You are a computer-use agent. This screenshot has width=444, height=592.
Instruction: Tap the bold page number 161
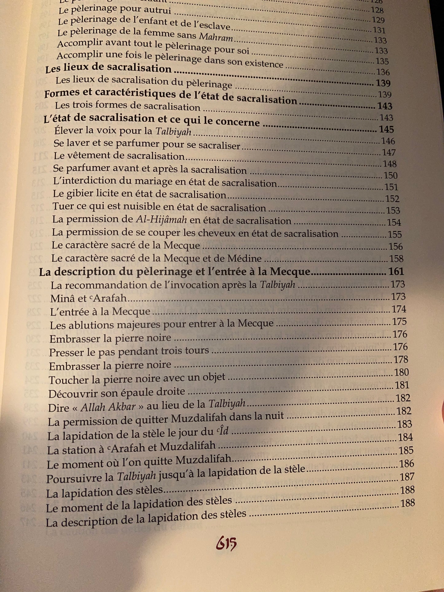pos(396,272)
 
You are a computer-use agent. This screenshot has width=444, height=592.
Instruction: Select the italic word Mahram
pos(216,37)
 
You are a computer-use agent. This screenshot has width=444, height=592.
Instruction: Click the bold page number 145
pos(386,129)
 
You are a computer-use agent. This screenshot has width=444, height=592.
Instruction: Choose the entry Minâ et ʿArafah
pos(88,298)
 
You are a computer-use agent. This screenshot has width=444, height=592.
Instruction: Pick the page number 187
pos(407,477)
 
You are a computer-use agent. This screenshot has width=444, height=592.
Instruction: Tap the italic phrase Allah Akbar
pos(108,407)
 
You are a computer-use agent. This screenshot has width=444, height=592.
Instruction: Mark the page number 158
pos(396,259)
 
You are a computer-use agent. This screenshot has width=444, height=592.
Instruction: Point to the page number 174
pos(399,309)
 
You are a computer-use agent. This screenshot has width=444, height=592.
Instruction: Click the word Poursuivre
pos(80,478)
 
